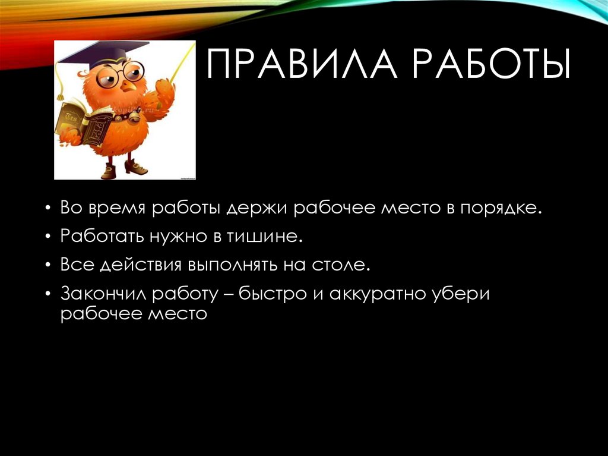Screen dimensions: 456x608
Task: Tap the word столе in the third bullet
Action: (x=341, y=265)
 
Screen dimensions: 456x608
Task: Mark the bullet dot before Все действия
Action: (x=47, y=265)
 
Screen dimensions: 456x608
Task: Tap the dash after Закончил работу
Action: (x=226, y=294)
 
